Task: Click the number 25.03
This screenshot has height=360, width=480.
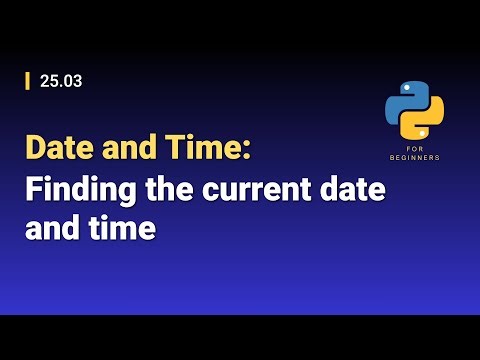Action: pos(61,82)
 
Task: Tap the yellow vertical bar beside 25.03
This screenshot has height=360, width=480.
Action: pos(28,82)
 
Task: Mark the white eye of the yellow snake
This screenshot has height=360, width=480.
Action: pos(424,134)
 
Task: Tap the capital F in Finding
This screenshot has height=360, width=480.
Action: pos(34,189)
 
